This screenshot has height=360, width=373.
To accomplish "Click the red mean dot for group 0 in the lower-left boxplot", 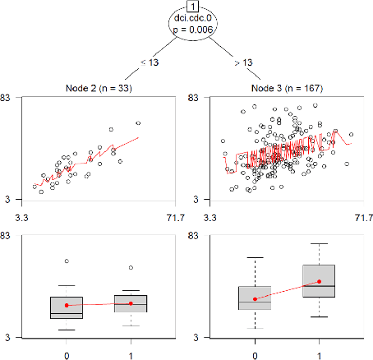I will coord(67,306).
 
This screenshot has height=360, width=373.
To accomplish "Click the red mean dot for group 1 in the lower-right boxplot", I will coord(319,282).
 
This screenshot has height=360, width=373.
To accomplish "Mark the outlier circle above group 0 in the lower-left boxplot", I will coord(67,261).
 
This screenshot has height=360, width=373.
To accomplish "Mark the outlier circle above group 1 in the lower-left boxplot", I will coord(130,267).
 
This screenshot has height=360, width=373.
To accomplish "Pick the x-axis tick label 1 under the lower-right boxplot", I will coord(319,354).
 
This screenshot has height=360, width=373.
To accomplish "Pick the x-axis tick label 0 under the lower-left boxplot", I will coord(67,354).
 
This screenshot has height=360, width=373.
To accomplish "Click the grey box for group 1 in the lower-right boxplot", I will coord(319,281).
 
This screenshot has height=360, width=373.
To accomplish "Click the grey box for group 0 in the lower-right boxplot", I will coord(255,298).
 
